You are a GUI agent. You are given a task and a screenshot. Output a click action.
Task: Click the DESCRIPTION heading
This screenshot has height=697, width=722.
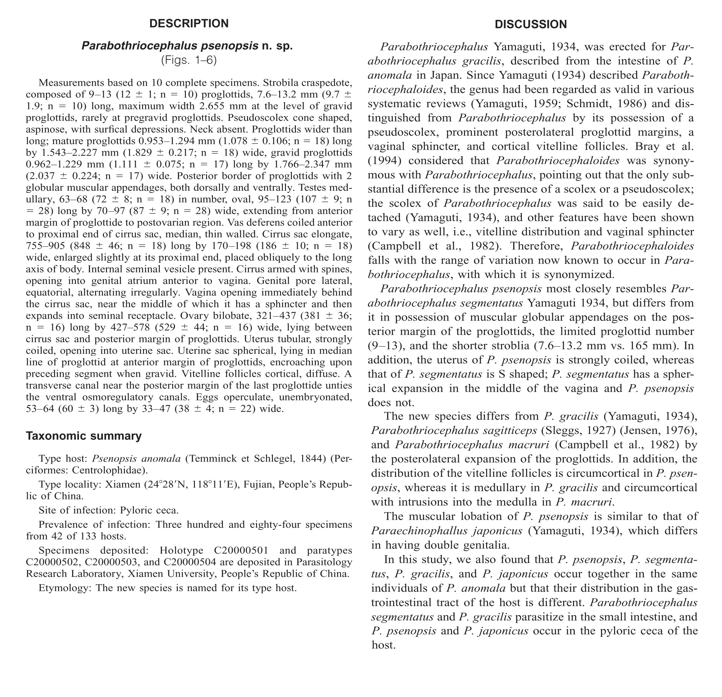(189, 24)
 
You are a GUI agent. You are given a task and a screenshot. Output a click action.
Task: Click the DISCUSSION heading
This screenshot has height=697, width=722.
(531, 24)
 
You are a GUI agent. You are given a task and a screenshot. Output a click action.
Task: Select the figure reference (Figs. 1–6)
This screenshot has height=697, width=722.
(189, 60)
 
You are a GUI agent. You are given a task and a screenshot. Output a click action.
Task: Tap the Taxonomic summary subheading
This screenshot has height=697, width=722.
(84, 436)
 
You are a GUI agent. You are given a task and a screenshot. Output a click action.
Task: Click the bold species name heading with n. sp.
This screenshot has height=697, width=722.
(187, 46)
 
